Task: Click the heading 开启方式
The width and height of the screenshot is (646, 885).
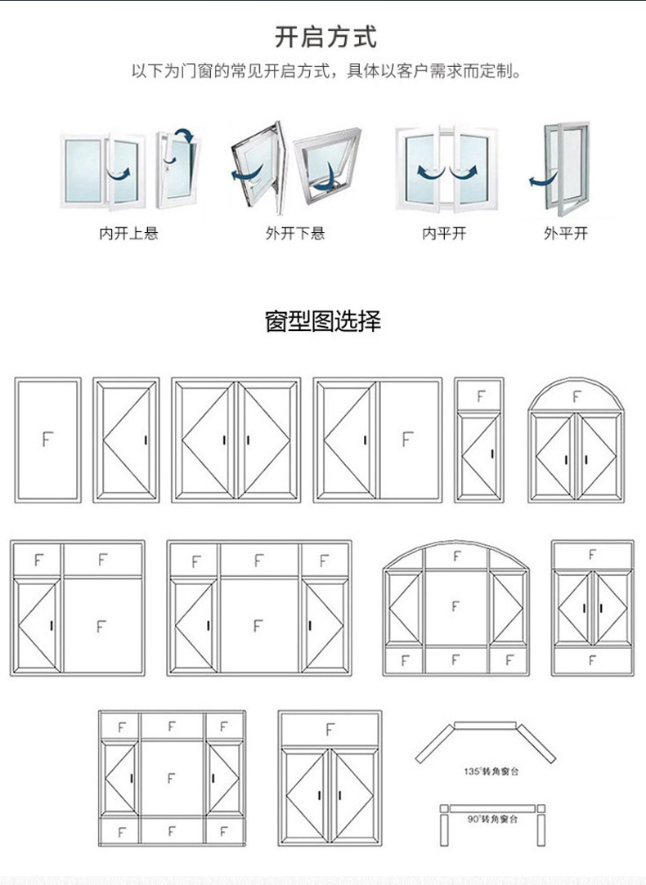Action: click(324, 37)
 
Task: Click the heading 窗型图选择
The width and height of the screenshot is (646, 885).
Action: click(323, 320)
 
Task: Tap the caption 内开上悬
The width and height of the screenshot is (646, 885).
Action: click(128, 234)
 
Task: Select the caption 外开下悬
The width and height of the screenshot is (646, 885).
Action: click(294, 234)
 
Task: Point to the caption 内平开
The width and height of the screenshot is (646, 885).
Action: click(444, 234)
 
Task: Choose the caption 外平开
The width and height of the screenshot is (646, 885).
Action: click(566, 234)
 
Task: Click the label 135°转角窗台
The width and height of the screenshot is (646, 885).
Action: click(489, 771)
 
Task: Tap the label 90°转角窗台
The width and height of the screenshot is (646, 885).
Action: click(490, 818)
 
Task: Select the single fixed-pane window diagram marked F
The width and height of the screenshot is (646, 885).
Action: click(47, 440)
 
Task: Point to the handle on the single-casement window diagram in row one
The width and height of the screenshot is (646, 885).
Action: click(146, 440)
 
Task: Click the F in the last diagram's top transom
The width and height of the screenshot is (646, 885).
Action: click(330, 729)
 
